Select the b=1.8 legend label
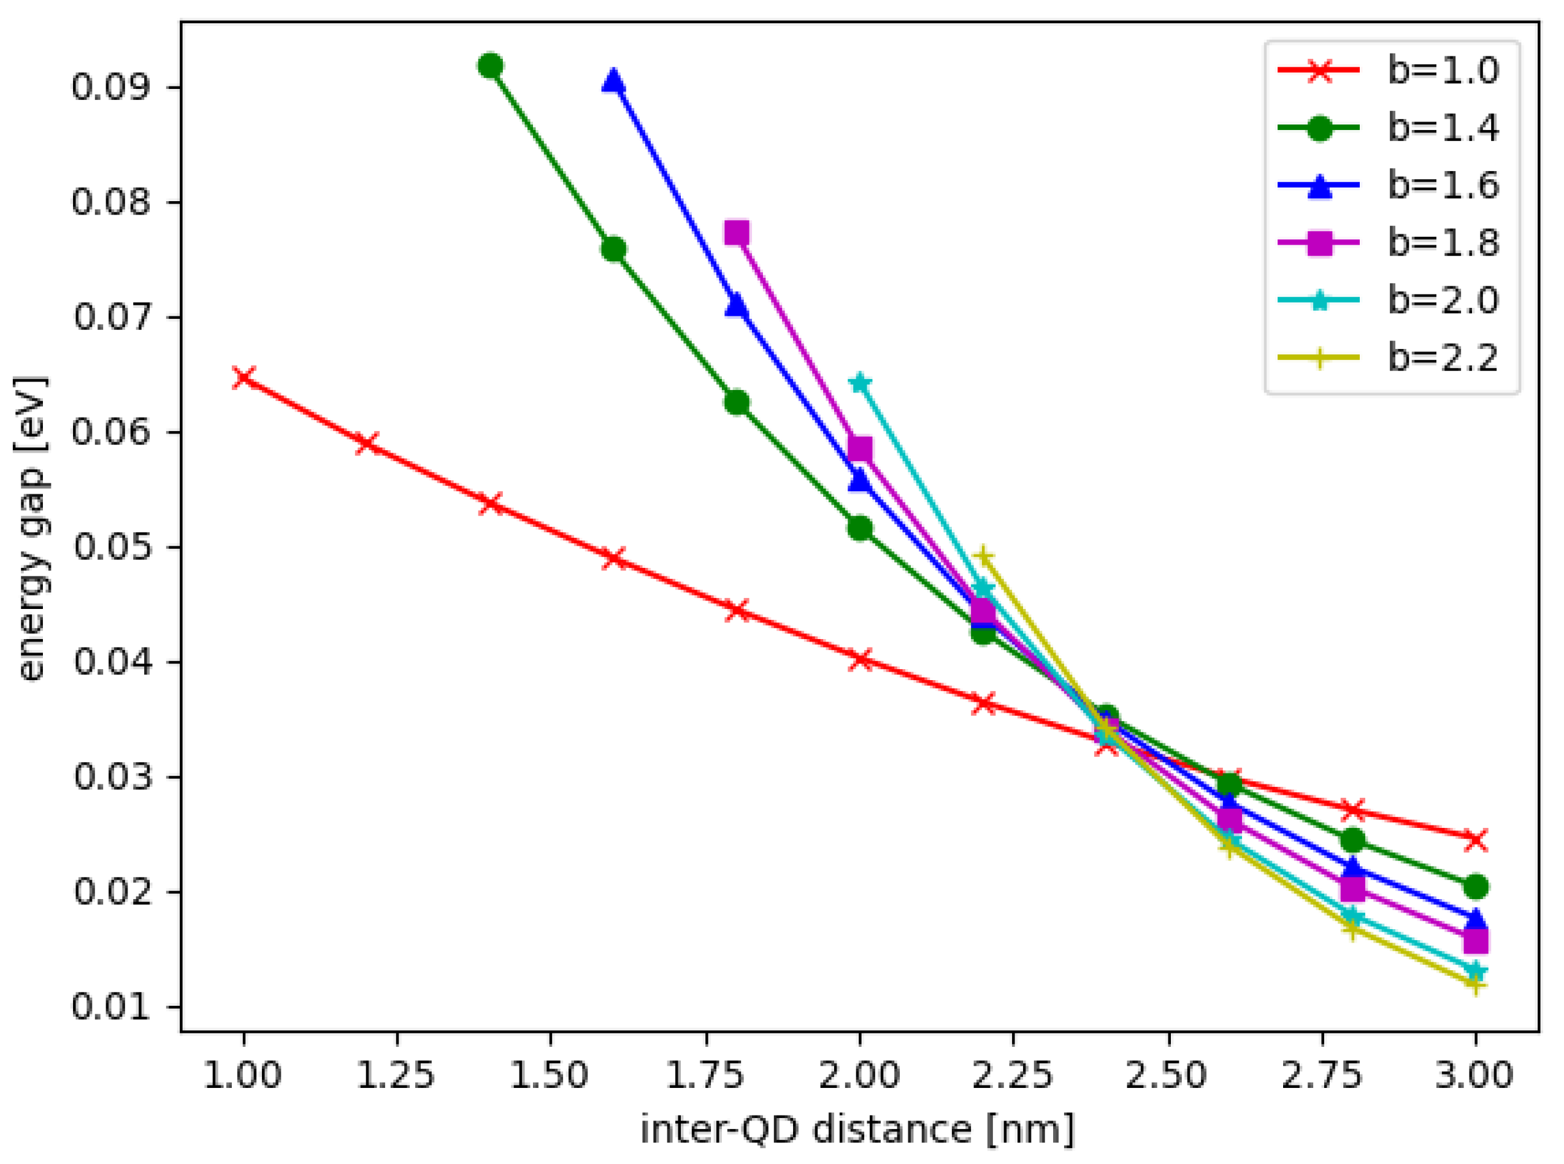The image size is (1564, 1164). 1443,243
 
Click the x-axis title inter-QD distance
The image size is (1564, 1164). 857,1130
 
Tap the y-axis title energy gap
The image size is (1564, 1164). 31,529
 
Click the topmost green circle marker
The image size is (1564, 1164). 490,66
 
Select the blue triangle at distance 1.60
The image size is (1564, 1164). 613,82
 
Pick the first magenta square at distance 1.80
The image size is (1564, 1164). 737,232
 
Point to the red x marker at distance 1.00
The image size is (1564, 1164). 243,378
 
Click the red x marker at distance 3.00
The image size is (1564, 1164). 1475,839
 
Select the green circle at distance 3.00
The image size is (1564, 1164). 1475,886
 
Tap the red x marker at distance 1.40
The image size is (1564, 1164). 490,503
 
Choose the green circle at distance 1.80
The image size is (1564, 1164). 737,402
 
